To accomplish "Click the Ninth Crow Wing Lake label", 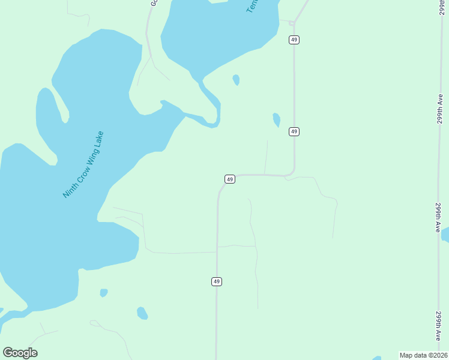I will (83, 164).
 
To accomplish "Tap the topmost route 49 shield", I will (294, 40).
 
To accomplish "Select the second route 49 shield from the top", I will (294, 131).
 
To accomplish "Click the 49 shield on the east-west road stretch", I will (229, 179).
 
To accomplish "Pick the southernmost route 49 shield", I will (217, 281).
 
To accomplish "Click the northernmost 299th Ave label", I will (440, 109).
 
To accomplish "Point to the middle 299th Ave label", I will (439, 217).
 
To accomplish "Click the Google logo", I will (20, 352).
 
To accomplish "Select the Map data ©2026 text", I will (423, 355).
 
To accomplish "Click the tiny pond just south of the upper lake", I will (237, 79).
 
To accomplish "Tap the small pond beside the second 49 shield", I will (276, 119).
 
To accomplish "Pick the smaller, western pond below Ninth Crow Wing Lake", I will (104, 293).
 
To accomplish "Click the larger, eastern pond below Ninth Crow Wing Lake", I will (142, 313).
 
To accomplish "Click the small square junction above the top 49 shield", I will (292, 23).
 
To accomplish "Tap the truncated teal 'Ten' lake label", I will (252, 7).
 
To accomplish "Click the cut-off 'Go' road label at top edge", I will (153, 3).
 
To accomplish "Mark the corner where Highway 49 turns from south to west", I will (292, 173).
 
